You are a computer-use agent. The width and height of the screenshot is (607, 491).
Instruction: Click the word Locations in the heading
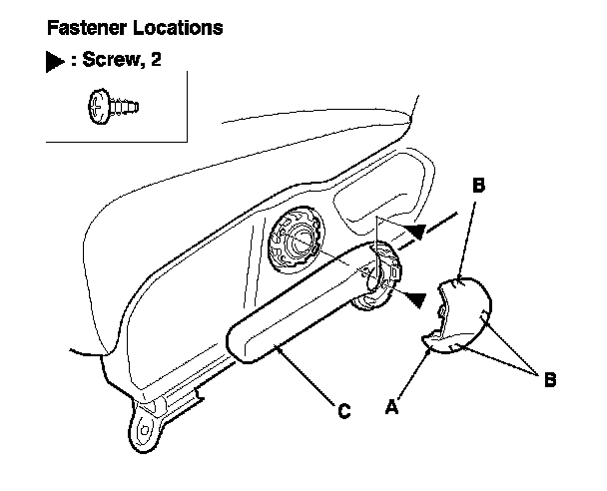coord(174,28)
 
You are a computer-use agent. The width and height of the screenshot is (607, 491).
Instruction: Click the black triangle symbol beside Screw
coord(54,61)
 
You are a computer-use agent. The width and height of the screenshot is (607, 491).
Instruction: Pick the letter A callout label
coord(391,407)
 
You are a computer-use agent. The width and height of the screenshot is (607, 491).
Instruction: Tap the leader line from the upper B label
coord(468,236)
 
